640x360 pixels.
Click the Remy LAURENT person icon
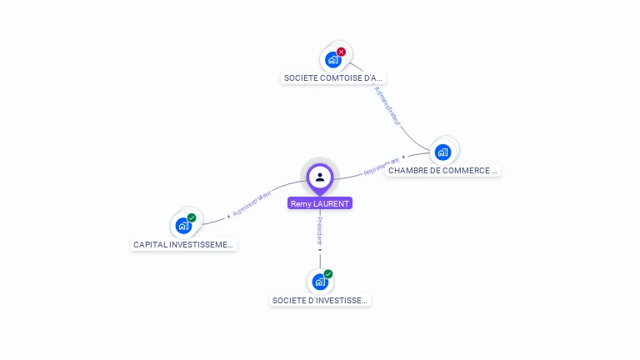(320, 177)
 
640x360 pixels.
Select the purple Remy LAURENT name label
(320, 203)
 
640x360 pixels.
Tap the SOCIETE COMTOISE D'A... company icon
(332, 60)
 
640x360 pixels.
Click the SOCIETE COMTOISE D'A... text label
(334, 78)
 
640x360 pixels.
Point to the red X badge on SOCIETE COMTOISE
(341, 52)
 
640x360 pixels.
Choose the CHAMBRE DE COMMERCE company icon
(442, 152)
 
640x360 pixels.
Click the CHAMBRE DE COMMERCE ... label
(442, 170)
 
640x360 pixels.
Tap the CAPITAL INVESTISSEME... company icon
(183, 226)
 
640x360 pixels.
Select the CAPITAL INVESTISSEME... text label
(184, 245)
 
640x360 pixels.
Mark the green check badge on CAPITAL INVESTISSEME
(192, 217)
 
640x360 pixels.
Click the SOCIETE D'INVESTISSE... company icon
(320, 282)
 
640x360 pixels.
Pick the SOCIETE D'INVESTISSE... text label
(320, 300)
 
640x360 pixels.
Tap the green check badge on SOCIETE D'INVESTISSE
(328, 273)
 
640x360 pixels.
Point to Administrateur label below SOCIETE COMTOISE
(387, 105)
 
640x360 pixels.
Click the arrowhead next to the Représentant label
(404, 156)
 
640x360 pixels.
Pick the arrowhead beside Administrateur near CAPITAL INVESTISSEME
(228, 215)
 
